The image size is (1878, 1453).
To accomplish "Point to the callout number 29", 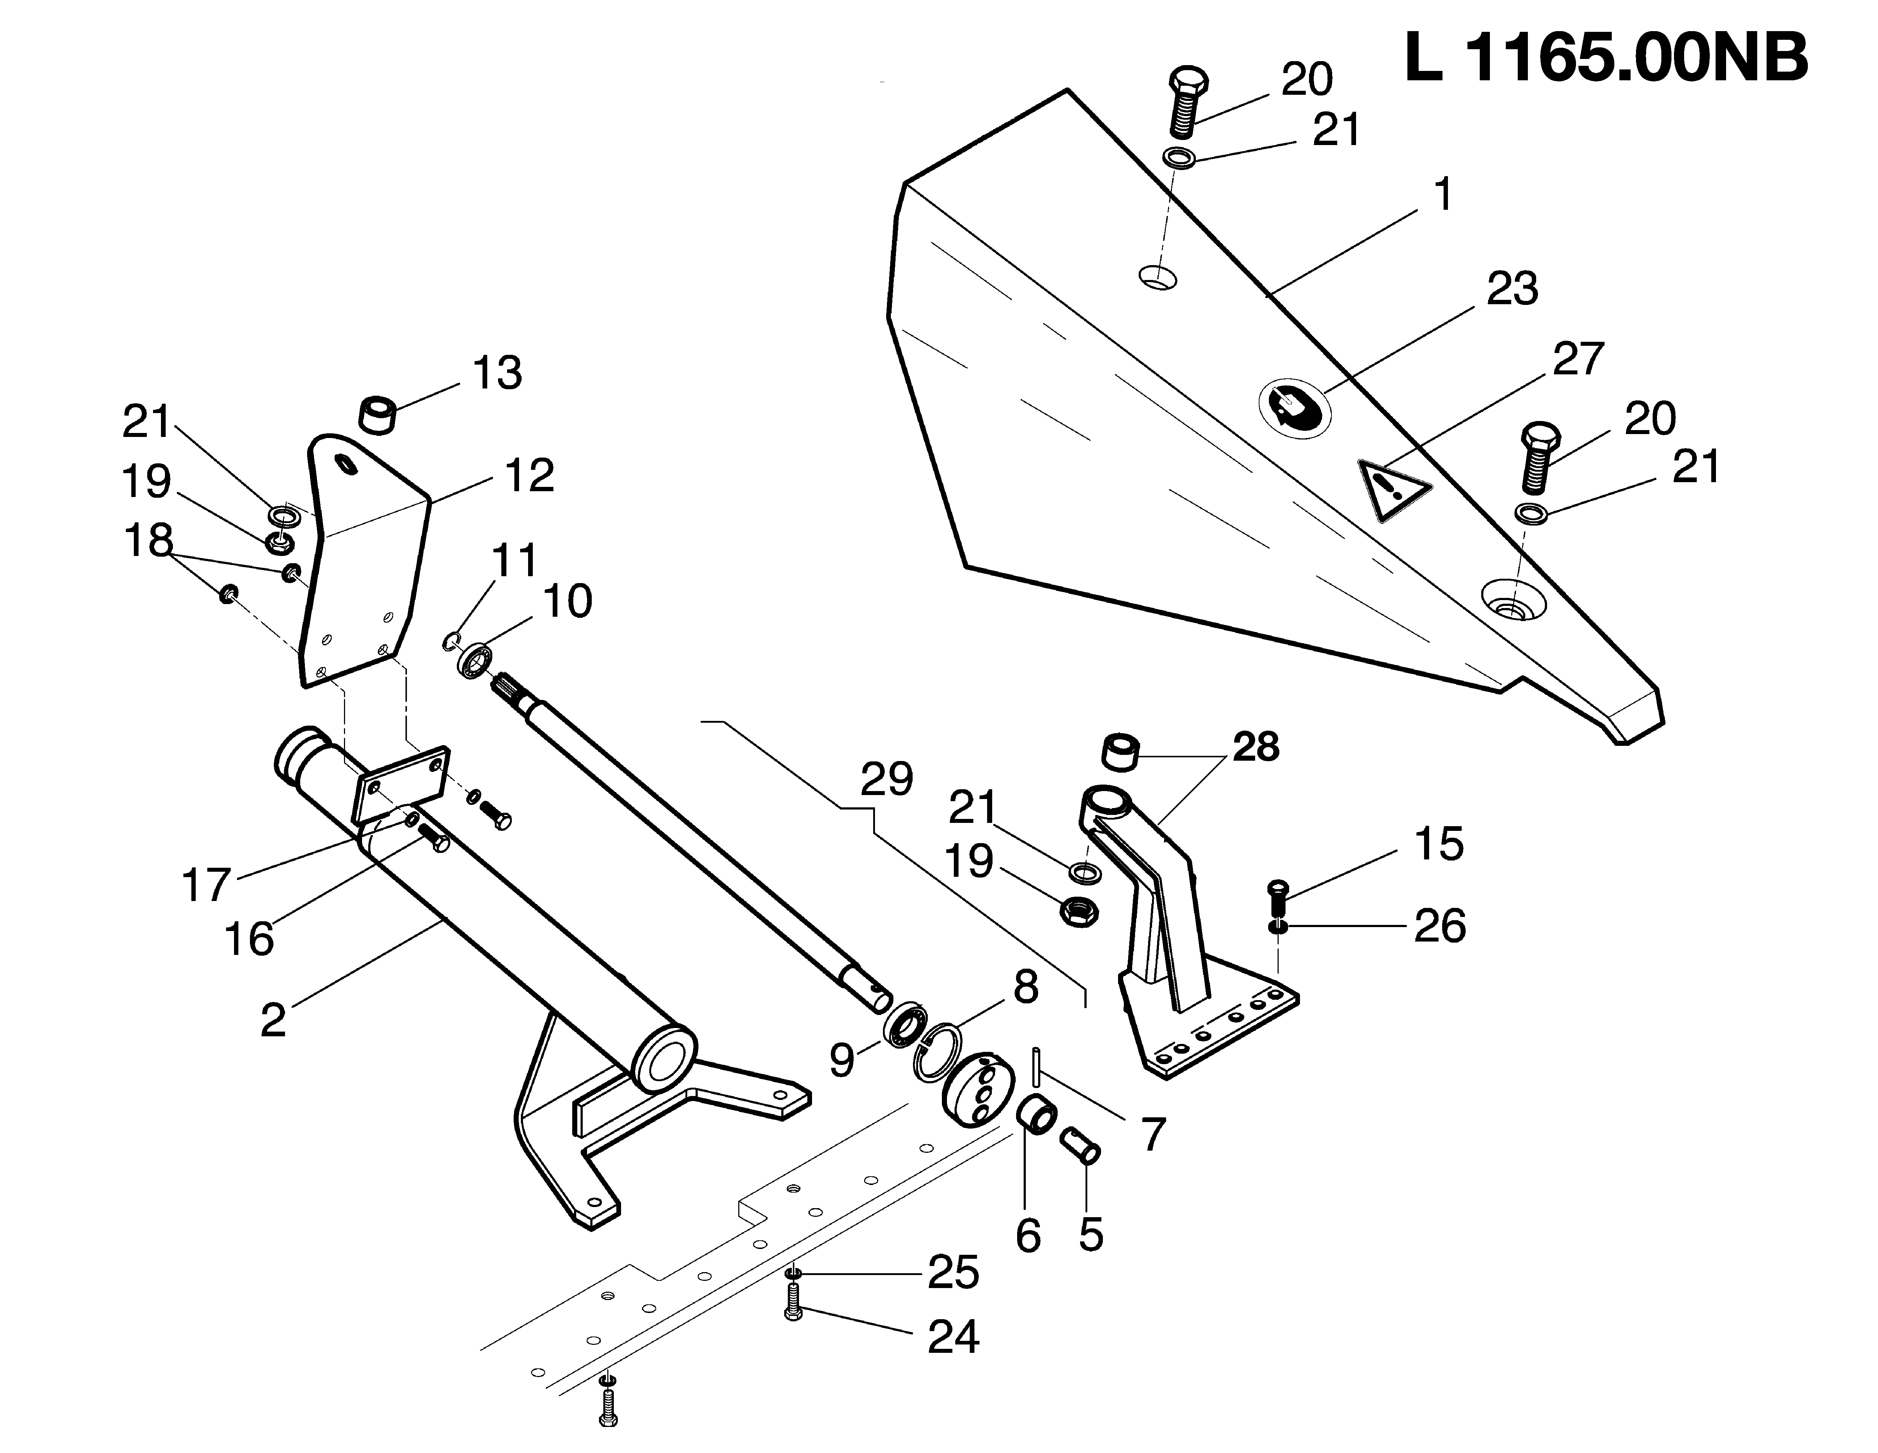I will point(887,779).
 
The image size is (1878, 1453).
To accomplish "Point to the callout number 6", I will point(1028,1236).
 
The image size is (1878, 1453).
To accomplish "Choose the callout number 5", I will point(1090,1236).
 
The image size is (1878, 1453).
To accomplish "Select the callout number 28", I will point(1255,747).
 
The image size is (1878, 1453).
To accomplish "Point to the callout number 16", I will point(249,939).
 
